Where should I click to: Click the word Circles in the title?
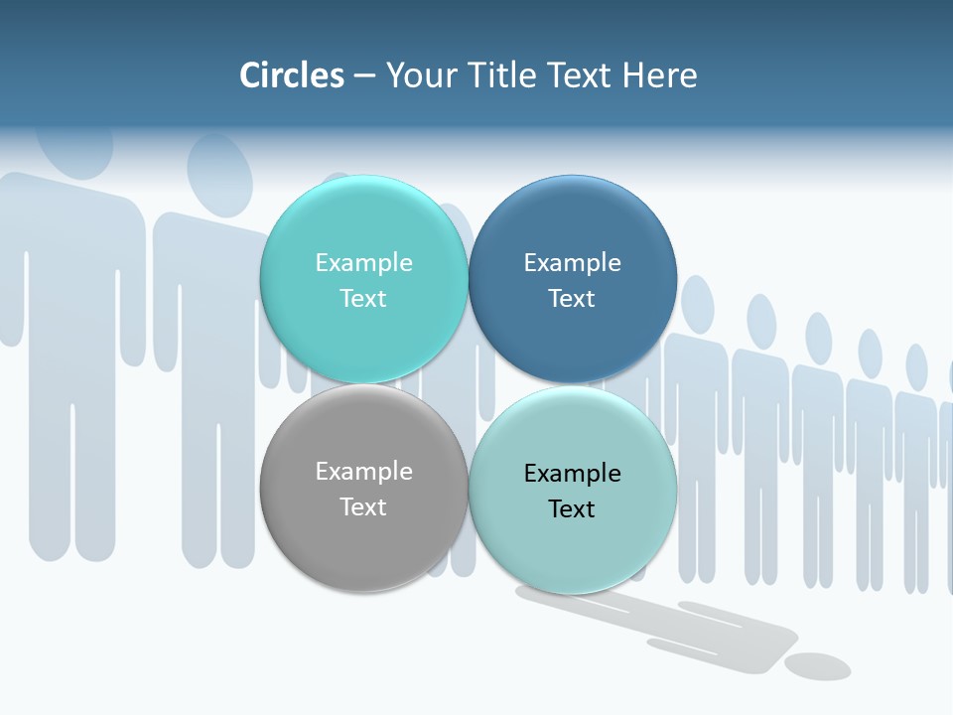click(291, 75)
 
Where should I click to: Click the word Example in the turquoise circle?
click(363, 262)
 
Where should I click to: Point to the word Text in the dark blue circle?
click(572, 298)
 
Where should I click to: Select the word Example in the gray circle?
click(363, 471)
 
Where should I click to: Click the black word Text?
click(572, 508)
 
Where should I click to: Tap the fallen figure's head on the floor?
click(817, 665)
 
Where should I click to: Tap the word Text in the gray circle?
click(363, 506)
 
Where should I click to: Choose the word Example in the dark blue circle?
click(572, 262)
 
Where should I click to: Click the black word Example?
click(572, 473)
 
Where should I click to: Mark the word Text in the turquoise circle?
click(363, 298)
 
